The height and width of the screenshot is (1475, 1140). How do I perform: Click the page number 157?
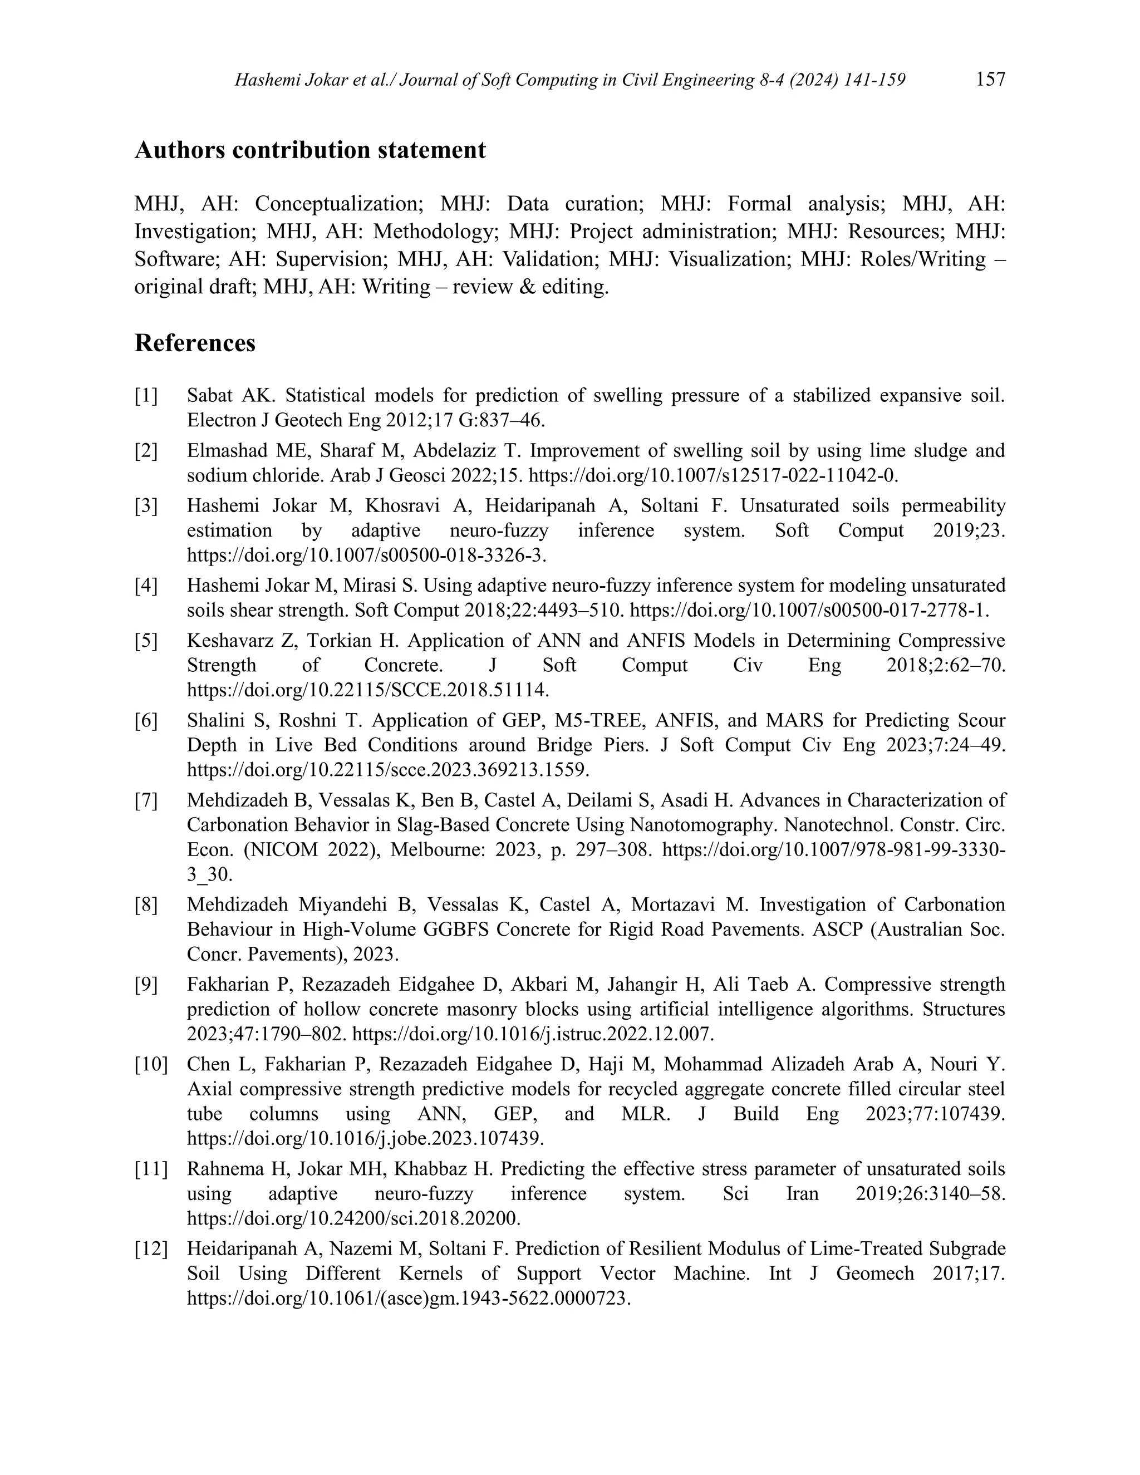[990, 80]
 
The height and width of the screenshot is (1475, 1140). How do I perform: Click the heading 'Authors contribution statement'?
[310, 150]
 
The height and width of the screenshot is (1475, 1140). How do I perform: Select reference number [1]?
[146, 396]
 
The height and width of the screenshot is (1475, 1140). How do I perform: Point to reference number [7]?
[146, 801]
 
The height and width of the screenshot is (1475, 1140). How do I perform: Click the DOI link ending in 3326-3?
[367, 555]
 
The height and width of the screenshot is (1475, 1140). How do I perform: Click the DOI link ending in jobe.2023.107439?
[365, 1139]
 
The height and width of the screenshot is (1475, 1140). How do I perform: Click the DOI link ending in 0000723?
[409, 1298]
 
